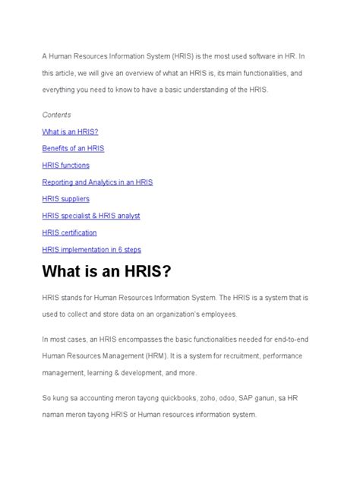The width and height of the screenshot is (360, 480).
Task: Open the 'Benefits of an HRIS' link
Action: pyautogui.click(x=74, y=148)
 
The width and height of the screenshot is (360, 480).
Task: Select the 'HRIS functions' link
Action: pyautogui.click(x=66, y=165)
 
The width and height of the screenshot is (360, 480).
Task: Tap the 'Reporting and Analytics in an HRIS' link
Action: pyautogui.click(x=98, y=182)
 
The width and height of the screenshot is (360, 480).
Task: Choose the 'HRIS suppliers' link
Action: pyautogui.click(x=66, y=199)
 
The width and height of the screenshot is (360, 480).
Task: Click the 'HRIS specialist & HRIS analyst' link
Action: pyautogui.click(x=91, y=216)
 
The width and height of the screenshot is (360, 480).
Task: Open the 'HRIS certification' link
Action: pyautogui.click(x=70, y=232)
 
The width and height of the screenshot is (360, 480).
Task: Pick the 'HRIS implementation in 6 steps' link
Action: pyautogui.click(x=92, y=249)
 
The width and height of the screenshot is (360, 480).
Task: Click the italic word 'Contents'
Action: pyautogui.click(x=57, y=115)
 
